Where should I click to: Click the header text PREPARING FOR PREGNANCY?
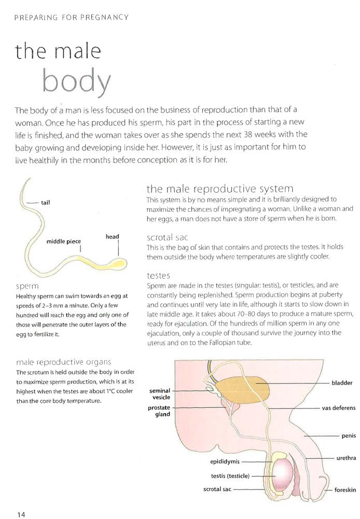tap(72, 18)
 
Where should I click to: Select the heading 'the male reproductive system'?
tap(220, 188)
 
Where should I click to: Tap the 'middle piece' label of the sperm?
tap(63, 241)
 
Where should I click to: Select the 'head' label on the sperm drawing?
tap(112, 237)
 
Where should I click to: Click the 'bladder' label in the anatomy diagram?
tap(342, 383)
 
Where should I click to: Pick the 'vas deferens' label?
tap(337, 408)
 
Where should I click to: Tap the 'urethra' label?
tap(345, 458)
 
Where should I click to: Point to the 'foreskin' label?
tap(344, 489)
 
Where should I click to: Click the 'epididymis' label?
tap(224, 461)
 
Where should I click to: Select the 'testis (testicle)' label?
tap(230, 475)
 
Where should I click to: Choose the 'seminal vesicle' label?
tap(160, 394)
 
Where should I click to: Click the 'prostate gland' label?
tap(159, 411)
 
